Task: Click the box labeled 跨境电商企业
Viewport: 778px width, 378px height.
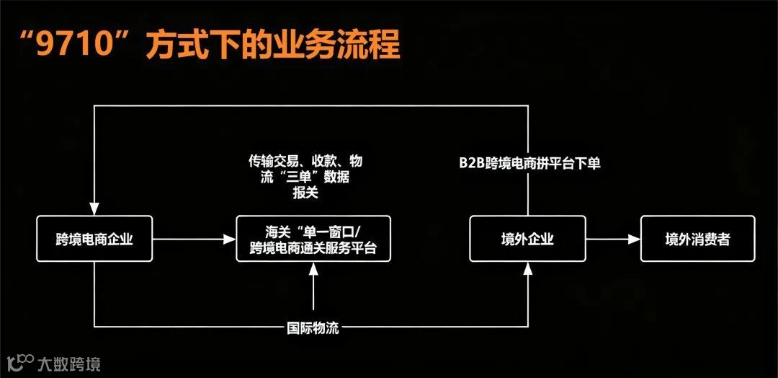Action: coord(94,239)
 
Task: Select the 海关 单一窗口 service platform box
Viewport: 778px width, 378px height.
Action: coord(313,239)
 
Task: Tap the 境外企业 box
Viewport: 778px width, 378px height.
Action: coord(527,239)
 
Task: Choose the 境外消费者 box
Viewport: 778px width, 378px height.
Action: coord(697,239)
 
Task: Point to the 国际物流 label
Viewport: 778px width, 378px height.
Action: coord(313,328)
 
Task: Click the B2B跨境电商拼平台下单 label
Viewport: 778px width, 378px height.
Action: coord(529,164)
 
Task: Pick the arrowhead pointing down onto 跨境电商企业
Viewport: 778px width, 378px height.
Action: coord(95,209)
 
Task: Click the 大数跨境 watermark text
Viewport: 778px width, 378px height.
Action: coord(68,363)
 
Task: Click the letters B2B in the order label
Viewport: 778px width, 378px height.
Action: coord(473,164)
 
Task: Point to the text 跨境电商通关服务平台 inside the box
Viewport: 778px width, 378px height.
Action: coord(313,249)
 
